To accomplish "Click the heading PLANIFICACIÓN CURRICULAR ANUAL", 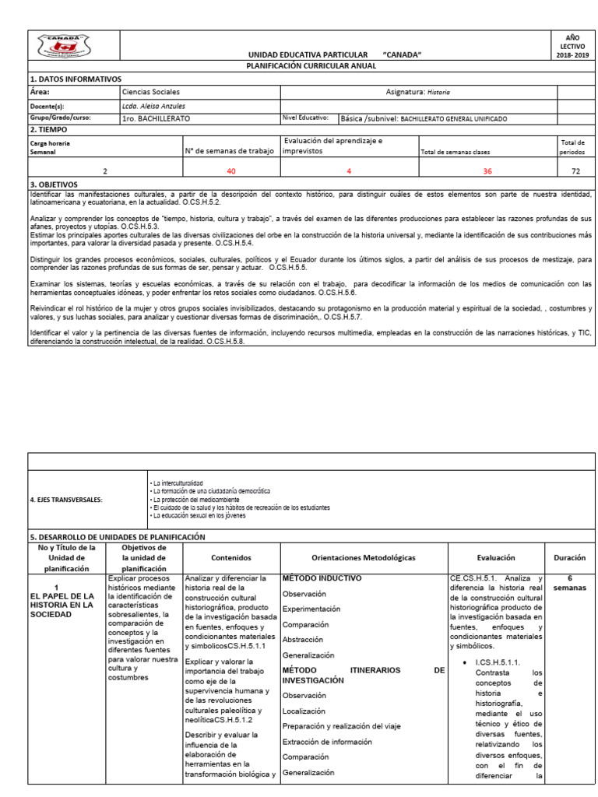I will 311,66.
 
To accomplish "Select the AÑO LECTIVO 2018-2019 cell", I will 576,46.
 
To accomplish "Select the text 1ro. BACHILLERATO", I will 156,119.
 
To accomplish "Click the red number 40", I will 230,170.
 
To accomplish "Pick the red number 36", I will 487,170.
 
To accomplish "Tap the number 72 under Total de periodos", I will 576,170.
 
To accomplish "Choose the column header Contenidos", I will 230,558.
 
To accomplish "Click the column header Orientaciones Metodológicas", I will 363,558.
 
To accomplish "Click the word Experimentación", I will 311,609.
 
